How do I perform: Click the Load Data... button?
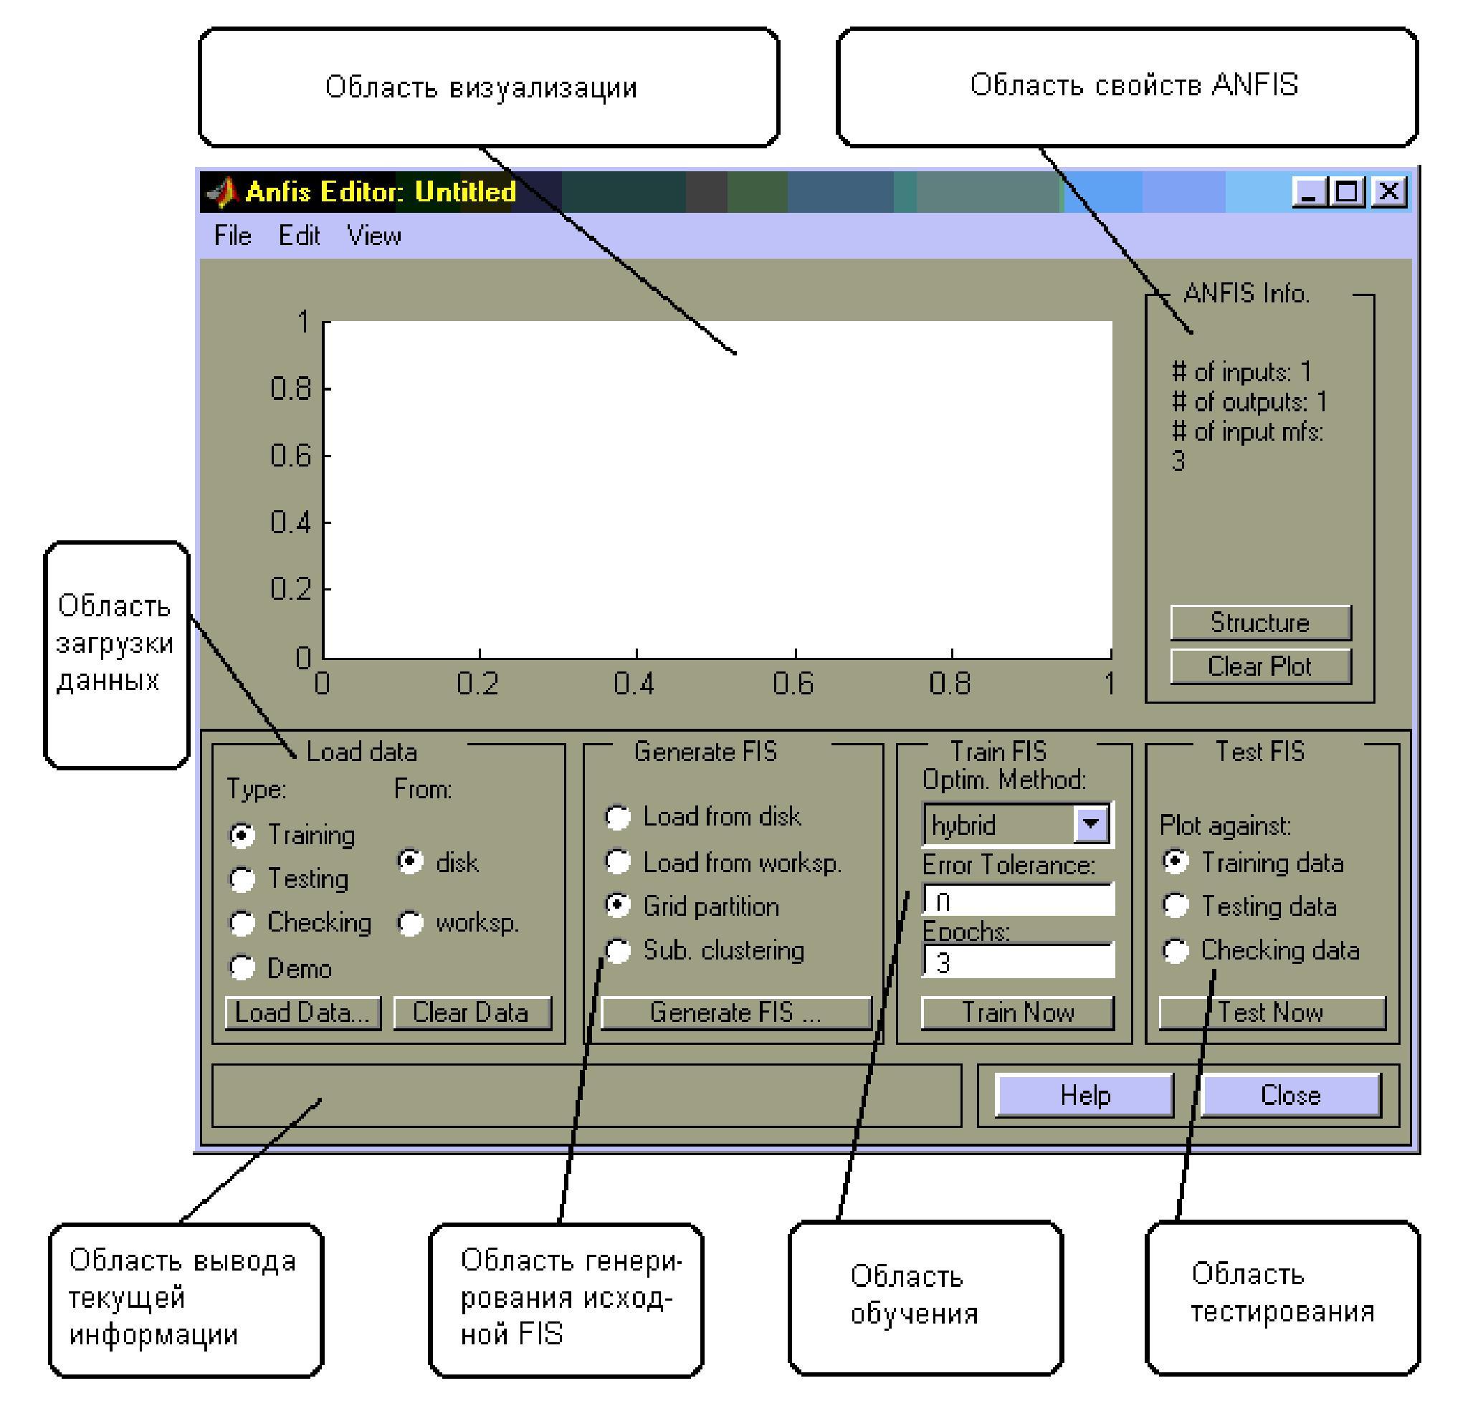coord(302,1013)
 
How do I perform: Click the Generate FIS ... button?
coord(735,1013)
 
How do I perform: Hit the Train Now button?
coord(1017,1013)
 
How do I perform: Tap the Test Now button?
coord(1271,1013)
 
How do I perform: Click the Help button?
coord(1084,1095)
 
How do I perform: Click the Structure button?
coord(1260,622)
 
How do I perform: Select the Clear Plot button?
coord(1260,666)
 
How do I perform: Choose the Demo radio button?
coord(242,967)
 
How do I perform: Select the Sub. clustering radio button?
coord(619,951)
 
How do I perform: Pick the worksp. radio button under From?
coord(411,923)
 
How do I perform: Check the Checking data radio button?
coord(1176,951)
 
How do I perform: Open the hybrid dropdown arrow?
coord(1091,824)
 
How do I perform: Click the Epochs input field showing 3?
coord(1018,962)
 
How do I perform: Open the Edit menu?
coord(299,236)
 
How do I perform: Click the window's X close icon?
coord(1388,192)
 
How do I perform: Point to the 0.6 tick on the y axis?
coord(325,455)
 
